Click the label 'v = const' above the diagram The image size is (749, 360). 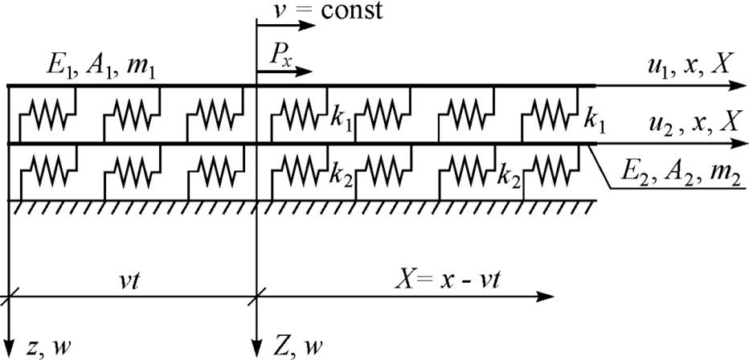tap(328, 10)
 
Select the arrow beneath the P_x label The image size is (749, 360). tap(284, 72)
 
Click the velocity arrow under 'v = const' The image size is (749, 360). tap(286, 25)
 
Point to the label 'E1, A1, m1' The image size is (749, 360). tap(100, 66)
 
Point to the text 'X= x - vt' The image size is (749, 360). tap(447, 280)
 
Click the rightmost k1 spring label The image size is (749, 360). tap(596, 123)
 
